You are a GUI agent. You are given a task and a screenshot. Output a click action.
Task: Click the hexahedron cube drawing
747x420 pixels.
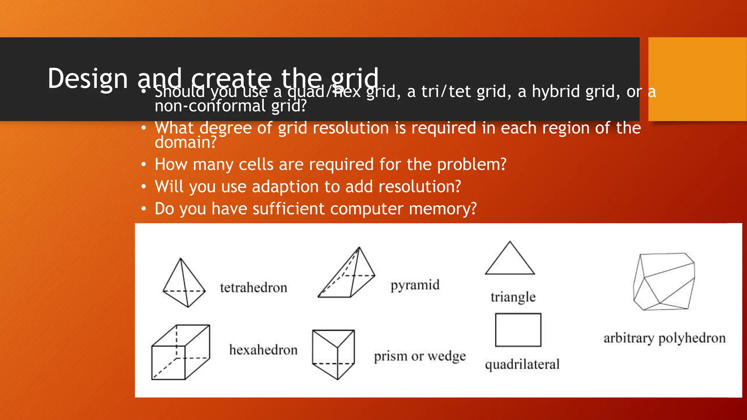point(181,352)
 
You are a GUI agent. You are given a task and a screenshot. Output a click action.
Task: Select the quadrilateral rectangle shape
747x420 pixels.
point(518,330)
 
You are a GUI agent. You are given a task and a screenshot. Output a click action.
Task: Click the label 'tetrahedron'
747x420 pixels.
point(253,288)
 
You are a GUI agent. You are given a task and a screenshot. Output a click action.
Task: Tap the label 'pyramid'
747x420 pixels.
point(415,285)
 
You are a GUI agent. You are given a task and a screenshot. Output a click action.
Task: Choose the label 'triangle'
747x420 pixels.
point(513,297)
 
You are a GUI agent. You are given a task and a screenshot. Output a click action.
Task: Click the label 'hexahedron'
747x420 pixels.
point(263,350)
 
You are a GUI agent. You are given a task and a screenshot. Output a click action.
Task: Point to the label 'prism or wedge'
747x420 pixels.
point(420,356)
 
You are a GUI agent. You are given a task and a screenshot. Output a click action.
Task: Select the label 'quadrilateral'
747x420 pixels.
point(522,364)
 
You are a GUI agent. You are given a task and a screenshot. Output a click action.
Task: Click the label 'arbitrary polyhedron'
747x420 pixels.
point(664,338)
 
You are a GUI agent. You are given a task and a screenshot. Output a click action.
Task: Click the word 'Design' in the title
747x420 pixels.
point(88,78)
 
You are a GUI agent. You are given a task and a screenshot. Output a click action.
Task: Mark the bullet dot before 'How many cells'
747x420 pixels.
point(144,165)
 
